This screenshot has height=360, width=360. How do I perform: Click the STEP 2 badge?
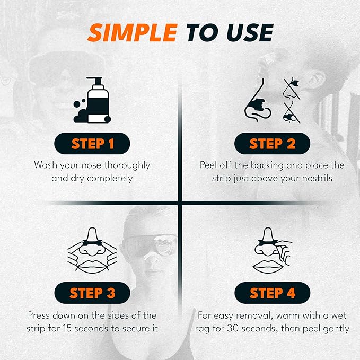click(272, 144)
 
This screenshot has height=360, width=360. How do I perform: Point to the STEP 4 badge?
click(272, 292)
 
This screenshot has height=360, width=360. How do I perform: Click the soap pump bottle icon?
click(95, 102)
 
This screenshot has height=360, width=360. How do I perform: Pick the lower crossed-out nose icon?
click(289, 113)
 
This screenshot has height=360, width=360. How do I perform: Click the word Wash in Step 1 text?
click(46, 165)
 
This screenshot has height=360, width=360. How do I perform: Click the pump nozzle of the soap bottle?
click(95, 81)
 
